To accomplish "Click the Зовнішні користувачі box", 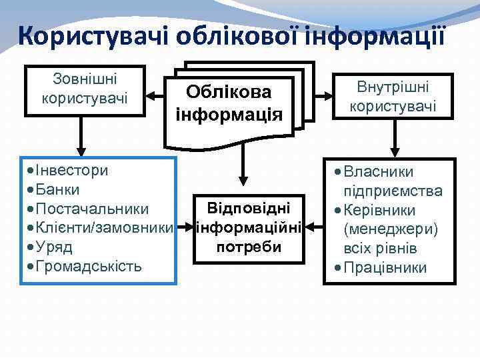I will click(x=85, y=89).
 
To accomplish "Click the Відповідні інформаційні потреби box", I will click(x=249, y=227).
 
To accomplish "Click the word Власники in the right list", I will click(x=389, y=172).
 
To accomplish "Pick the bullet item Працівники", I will click(x=393, y=269).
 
